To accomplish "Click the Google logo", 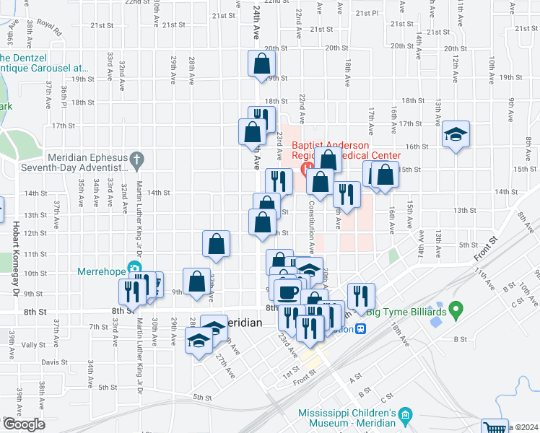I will point(24,425).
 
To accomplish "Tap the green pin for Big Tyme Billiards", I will point(455,311).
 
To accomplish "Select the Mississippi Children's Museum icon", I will point(406,414).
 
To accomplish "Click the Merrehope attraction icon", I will point(134,269).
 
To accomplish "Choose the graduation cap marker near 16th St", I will point(455,135).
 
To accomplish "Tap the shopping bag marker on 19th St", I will point(261,64).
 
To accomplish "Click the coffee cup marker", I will point(287,292).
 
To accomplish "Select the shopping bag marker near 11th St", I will point(216,245).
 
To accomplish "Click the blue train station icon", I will point(360,328).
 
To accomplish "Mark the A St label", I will point(355,377).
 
